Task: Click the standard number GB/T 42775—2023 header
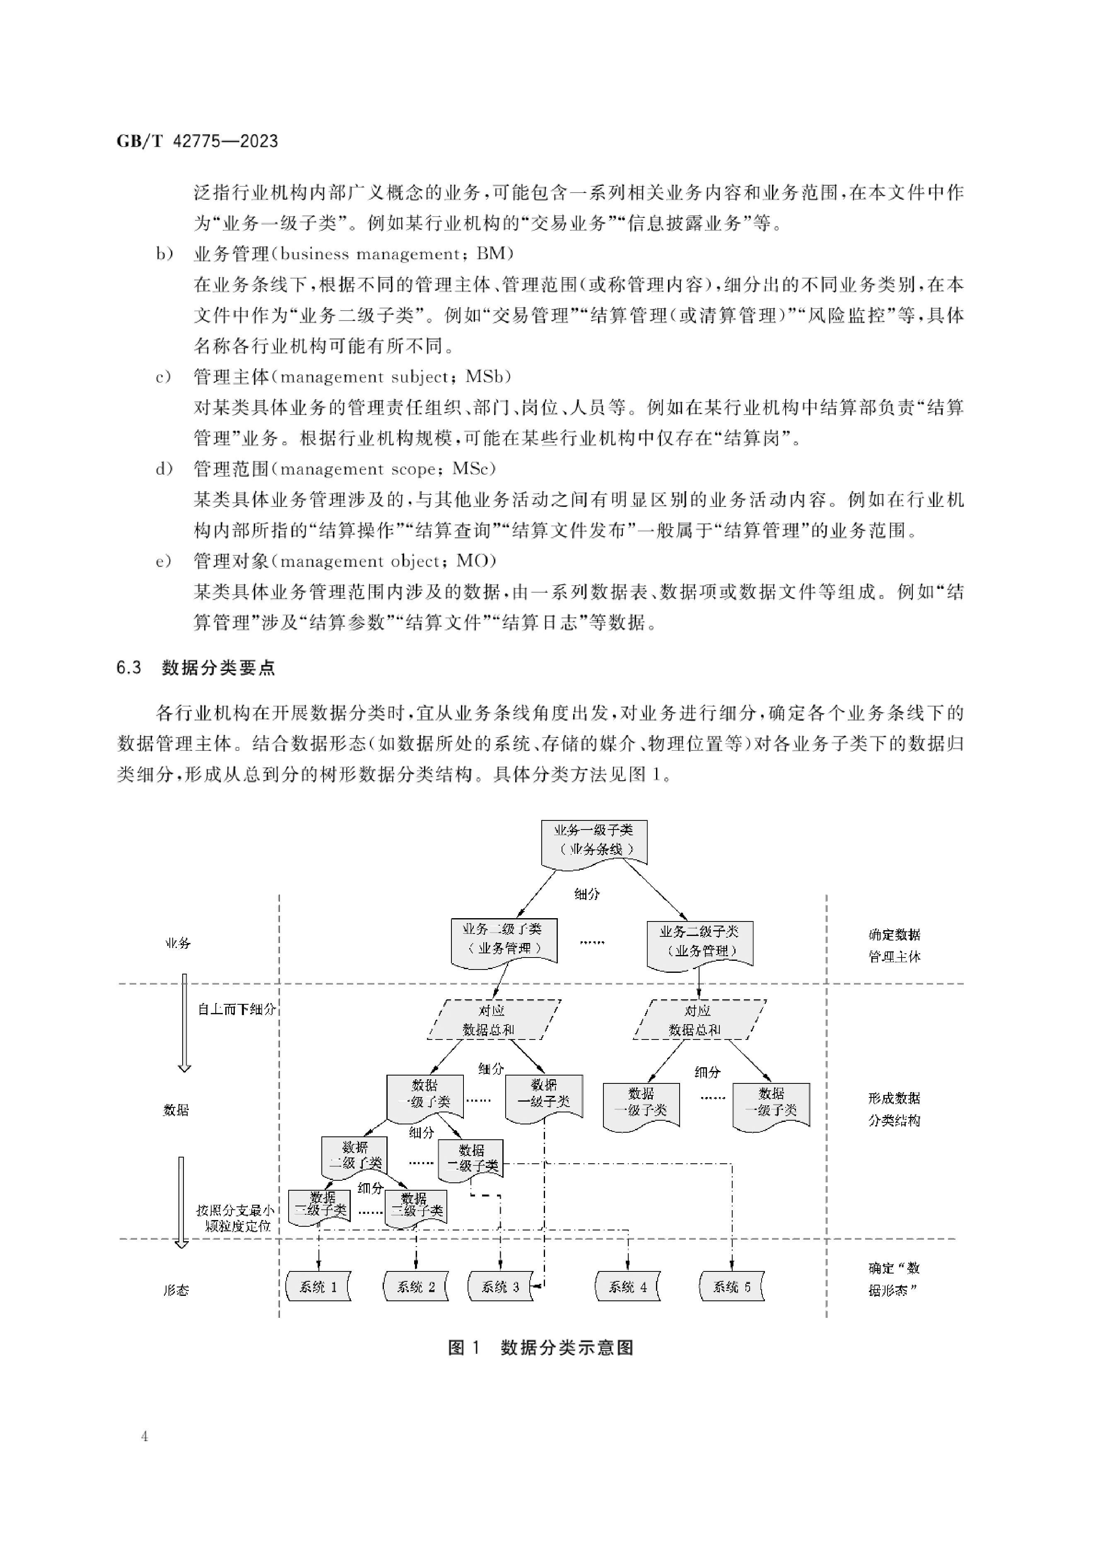[197, 141]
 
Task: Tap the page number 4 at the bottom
[145, 1436]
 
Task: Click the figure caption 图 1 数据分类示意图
[541, 1348]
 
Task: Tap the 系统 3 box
[500, 1286]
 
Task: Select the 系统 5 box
[732, 1286]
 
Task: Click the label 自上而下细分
[236, 1008]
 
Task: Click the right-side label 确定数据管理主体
[894, 945]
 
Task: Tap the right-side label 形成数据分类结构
[894, 1109]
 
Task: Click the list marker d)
[164, 468]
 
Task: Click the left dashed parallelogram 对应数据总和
[494, 1020]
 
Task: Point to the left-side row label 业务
[177, 943]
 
